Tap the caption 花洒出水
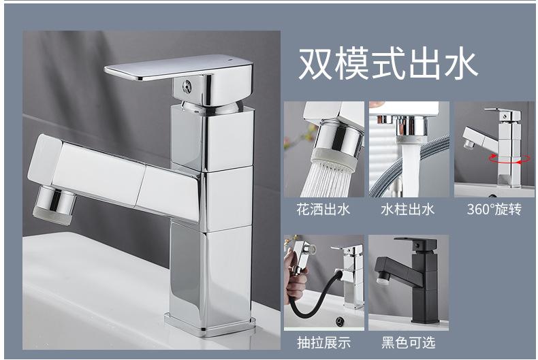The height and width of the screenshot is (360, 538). point(323,210)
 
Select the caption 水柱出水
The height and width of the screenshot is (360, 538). point(408,210)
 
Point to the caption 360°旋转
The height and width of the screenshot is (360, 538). point(494,210)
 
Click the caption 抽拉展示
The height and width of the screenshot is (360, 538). point(323,342)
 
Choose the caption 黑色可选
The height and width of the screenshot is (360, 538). point(408,342)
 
